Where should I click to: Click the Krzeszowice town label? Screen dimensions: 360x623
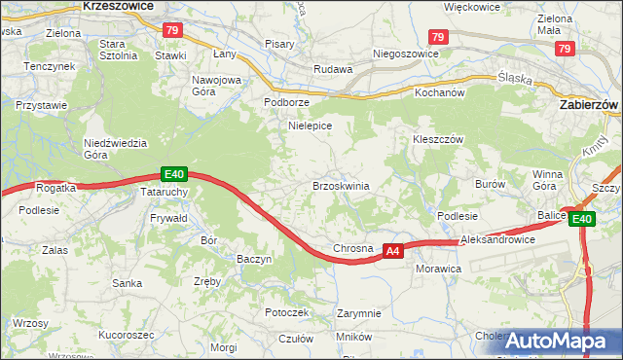pos(120,6)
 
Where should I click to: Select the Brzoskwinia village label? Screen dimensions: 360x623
pos(340,185)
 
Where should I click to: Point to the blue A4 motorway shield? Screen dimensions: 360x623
pos(392,251)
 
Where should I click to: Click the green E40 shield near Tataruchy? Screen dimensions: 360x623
pos(173,174)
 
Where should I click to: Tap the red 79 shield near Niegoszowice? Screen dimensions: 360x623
pos(438,37)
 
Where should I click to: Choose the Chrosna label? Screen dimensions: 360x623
pos(353,248)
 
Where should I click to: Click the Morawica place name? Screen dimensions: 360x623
pos(436,268)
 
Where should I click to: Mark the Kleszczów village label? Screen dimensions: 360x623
pos(435,138)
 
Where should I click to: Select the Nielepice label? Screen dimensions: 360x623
pos(311,126)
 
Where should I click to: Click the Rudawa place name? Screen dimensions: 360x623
pos(332,69)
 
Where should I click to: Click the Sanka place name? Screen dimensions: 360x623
pos(128,284)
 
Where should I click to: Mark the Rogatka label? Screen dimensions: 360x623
pos(55,188)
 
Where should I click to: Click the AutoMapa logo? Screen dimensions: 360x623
pos(558,342)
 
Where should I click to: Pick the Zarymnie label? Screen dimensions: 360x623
pos(358,313)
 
